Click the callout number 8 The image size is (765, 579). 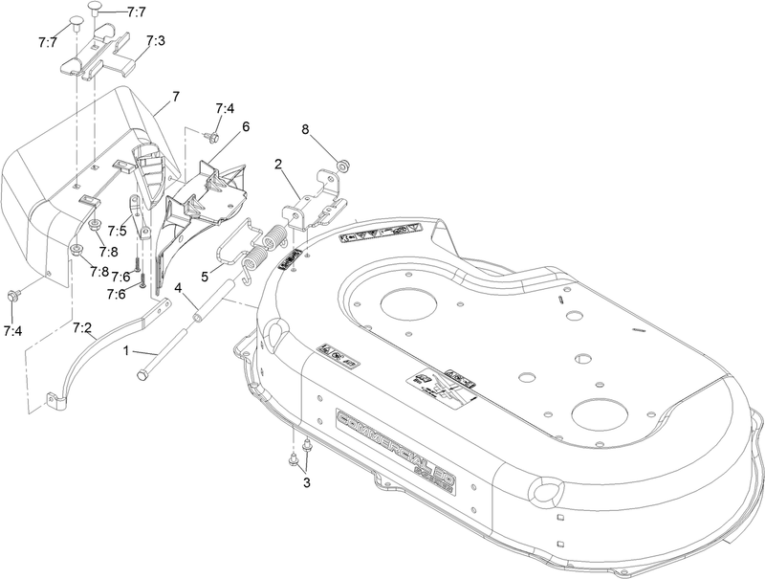click(x=306, y=128)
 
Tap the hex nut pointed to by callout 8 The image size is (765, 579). click(x=339, y=156)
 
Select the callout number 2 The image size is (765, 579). click(x=279, y=166)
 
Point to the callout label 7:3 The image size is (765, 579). click(x=156, y=41)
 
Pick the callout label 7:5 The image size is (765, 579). click(x=118, y=231)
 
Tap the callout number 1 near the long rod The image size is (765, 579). click(x=125, y=351)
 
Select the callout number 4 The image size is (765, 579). click(x=179, y=286)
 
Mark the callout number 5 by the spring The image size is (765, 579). click(x=204, y=276)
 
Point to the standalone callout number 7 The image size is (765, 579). click(x=175, y=97)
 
